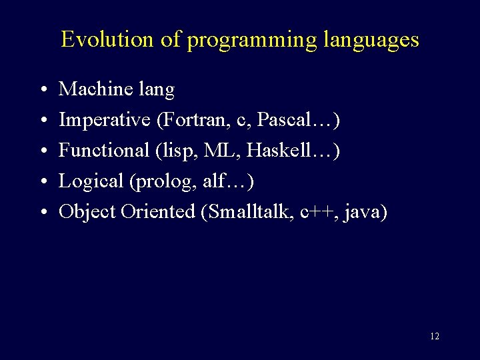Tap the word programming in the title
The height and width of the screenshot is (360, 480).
[x=252, y=41]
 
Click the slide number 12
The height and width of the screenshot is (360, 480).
[x=434, y=336]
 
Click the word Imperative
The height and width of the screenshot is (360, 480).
[x=105, y=120]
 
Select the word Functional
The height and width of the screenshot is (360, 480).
[x=104, y=151]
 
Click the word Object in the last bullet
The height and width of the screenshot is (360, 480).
[x=87, y=212]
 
